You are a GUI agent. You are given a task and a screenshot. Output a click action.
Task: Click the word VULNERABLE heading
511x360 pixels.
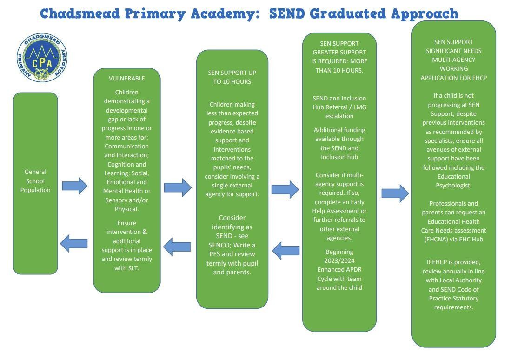[x=126, y=78]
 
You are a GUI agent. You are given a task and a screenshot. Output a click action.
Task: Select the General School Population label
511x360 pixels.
[x=35, y=180]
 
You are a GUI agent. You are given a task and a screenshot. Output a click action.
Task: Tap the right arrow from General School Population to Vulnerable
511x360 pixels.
[x=74, y=186]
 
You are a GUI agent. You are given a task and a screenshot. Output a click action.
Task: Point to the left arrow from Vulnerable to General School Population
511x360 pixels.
[x=74, y=243]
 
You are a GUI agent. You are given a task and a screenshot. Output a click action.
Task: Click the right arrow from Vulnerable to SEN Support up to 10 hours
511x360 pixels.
[x=178, y=187]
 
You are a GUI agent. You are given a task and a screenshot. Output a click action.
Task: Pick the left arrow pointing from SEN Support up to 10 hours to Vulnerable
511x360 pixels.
[x=177, y=247]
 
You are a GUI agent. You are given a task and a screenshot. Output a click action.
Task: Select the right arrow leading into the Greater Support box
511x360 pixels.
[x=285, y=189]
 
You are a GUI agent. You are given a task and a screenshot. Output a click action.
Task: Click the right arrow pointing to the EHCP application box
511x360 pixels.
[x=395, y=193]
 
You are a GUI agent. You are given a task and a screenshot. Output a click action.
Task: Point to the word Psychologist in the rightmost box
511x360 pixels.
[x=453, y=185]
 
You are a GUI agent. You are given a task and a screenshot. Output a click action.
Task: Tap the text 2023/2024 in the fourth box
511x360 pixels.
[x=339, y=260]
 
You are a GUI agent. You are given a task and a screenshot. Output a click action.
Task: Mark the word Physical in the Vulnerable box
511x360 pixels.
[x=126, y=209]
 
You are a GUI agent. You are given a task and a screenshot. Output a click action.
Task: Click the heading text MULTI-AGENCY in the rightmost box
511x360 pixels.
[x=453, y=60]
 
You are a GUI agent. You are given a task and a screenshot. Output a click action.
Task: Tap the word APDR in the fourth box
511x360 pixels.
[x=352, y=270]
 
